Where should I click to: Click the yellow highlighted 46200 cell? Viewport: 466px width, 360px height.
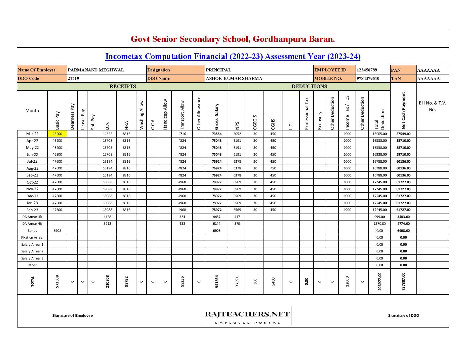pos(57,134)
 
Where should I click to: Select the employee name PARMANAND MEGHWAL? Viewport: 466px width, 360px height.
pos(96,70)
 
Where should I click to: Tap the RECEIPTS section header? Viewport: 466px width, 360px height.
pos(123,86)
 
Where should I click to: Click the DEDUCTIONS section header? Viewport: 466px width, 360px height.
pos(309,86)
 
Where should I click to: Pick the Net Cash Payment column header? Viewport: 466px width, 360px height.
pos(403,110)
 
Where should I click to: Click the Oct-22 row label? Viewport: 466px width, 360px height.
pos(32,182)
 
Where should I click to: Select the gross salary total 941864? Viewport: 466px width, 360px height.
pos(217,282)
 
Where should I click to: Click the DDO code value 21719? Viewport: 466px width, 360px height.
pos(73,78)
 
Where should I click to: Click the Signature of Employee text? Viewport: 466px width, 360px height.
pos(72,315)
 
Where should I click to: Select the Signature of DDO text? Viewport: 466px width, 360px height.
pos(403,315)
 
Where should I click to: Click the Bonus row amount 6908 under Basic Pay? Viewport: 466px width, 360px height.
pos(57,231)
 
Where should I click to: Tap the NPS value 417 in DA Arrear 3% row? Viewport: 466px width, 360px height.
pos(237,217)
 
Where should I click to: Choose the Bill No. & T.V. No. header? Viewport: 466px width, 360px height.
pos(432,106)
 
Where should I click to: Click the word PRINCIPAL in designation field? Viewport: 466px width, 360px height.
pos(218,70)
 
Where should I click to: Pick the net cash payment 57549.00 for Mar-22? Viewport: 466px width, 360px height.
pos(403,134)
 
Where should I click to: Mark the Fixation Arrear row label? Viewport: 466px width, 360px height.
pos(32,237)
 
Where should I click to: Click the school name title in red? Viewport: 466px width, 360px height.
pos(233,39)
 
